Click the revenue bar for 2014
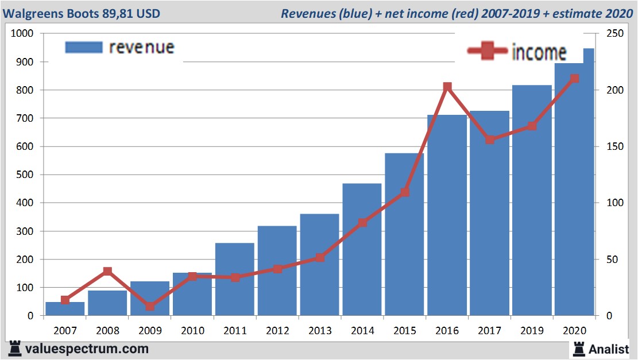[362, 250]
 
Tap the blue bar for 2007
[65, 309]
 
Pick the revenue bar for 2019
[532, 200]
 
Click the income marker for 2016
[447, 87]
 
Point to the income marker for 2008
[107, 272]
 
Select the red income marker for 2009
[150, 306]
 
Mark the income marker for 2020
[574, 78]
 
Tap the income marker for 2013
[320, 258]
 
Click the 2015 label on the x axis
[405, 331]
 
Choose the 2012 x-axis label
[277, 331]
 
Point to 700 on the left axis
[25, 118]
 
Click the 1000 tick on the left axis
[22, 34]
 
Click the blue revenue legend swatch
[83, 47]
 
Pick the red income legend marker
[487, 51]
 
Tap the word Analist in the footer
[609, 349]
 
